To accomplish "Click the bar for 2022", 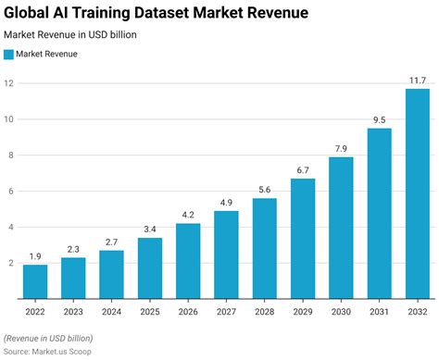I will click(x=35, y=281).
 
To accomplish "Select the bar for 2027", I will click(x=226, y=254).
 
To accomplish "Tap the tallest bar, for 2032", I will click(x=418, y=193).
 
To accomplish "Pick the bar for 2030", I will click(x=341, y=228).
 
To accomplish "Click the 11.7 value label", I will click(x=418, y=81).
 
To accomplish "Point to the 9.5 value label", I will click(x=380, y=120).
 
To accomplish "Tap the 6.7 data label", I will click(x=303, y=170).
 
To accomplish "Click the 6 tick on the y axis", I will click(x=9, y=192).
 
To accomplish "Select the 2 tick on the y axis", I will click(x=9, y=264).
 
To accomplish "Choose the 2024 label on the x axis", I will click(x=111, y=311).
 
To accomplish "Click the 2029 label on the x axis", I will click(x=303, y=311).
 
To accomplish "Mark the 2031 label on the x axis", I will click(x=380, y=311).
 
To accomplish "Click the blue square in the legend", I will click(x=9, y=54).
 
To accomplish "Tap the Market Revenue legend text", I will click(x=47, y=54).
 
